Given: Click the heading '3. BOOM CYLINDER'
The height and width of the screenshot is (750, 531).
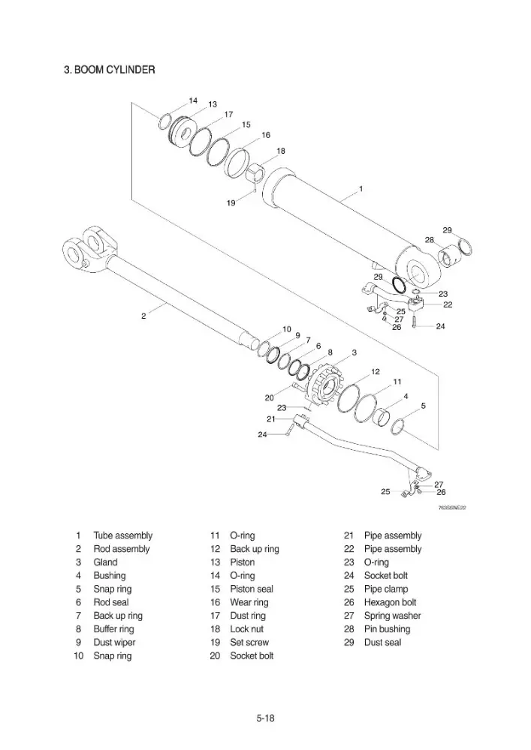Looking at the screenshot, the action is click(110, 70).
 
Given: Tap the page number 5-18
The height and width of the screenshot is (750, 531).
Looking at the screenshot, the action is click(265, 718).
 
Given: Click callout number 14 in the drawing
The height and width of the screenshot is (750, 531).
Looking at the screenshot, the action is click(193, 100).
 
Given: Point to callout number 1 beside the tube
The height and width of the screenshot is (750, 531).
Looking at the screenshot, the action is click(361, 189).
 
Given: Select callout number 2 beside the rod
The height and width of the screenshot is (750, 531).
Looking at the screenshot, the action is click(143, 316).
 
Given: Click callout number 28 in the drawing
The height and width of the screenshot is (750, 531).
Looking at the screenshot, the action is click(430, 240).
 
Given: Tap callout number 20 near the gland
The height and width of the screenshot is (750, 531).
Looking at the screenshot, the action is click(269, 397).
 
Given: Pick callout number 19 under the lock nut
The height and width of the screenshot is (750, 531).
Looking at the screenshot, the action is click(231, 202).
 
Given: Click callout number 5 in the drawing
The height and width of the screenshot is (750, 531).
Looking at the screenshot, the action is click(424, 406).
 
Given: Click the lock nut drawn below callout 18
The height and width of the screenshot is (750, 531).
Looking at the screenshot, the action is click(255, 172).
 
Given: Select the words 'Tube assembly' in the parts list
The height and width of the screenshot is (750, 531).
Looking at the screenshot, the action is click(122, 535).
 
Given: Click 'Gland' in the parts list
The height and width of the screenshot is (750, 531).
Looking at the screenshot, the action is click(105, 562).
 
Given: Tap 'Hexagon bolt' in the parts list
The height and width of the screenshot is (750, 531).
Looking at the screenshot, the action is click(391, 602).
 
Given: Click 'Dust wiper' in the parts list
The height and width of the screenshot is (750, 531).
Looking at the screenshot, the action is click(114, 643).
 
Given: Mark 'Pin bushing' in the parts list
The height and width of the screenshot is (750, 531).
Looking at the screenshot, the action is click(387, 629).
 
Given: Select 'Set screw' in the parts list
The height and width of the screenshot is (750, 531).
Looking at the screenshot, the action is click(249, 643).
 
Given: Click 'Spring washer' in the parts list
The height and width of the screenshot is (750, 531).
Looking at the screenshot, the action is click(392, 616).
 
